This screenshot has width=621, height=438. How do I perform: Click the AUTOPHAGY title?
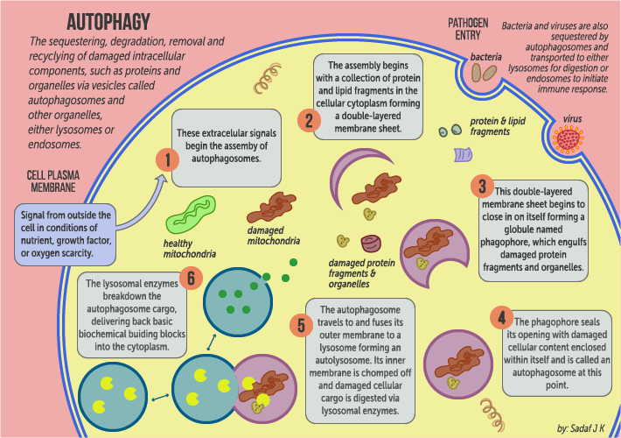point(109,22)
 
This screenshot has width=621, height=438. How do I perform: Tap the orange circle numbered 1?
point(166,159)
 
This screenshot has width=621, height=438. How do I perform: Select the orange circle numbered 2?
point(307,120)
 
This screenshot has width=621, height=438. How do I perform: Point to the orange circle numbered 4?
point(501,316)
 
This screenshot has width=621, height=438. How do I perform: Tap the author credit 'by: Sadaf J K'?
point(584,427)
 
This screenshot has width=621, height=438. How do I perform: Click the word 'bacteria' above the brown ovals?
point(486,57)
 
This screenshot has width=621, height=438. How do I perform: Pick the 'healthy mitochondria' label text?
point(190,249)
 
